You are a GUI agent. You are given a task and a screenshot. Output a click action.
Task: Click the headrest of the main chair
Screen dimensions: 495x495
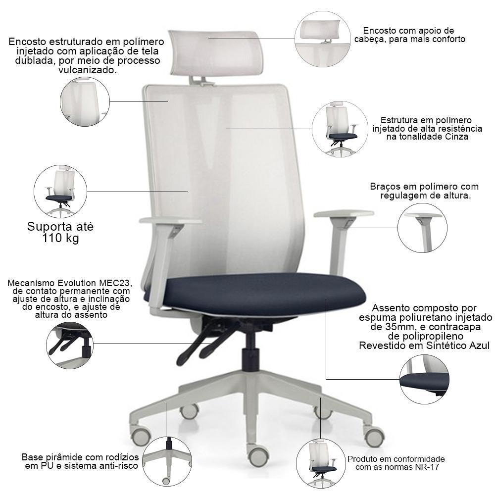[216, 53]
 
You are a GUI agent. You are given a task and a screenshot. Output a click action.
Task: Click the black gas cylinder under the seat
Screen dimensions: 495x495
[250, 350]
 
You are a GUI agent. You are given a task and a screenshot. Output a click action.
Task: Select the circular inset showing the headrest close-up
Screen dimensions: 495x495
[323, 39]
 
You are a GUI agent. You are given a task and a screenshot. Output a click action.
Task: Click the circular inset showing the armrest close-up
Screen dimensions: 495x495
[422, 228]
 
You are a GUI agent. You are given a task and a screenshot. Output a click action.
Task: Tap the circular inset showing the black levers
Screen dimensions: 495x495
[70, 345]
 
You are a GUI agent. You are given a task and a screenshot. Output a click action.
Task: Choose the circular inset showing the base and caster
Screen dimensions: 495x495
[167, 461]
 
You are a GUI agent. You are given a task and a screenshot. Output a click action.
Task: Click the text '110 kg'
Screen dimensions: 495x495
[60, 238]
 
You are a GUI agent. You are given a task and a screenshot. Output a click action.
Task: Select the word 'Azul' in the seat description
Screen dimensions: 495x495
[479, 346]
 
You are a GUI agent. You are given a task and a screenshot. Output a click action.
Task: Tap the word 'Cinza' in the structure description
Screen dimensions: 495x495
[456, 137]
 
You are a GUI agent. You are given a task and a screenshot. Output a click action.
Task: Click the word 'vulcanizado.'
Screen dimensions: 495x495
[88, 70]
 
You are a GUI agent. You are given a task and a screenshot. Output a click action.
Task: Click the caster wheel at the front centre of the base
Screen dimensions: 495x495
[258, 455]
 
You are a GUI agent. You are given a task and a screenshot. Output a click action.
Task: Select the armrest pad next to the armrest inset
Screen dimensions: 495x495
[344, 214]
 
